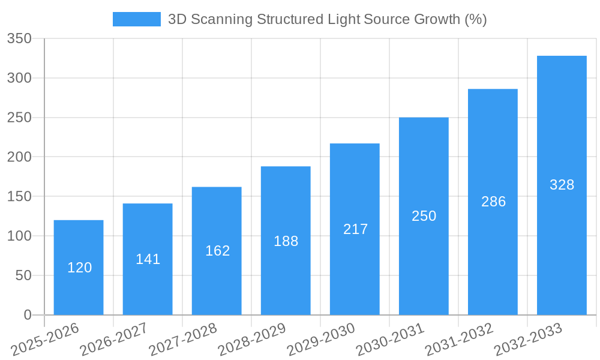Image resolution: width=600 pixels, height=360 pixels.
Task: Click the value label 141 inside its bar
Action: [x=148, y=259]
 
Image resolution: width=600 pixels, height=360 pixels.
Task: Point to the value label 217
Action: [x=355, y=229]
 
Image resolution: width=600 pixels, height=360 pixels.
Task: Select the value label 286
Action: [x=493, y=202]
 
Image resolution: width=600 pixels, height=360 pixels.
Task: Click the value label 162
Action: [x=217, y=251]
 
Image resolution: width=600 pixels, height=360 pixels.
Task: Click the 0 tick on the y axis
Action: [x=28, y=315]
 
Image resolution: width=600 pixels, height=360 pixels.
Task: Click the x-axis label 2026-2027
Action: [x=115, y=339]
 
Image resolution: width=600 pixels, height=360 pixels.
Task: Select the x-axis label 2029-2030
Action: [x=322, y=339]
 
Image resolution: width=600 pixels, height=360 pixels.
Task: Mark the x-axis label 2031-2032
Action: [x=460, y=339]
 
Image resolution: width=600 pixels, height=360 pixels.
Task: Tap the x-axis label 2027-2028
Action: [x=184, y=339]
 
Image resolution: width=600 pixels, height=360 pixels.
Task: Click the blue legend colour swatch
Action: [x=137, y=19]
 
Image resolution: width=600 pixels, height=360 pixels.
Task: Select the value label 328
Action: [x=562, y=185]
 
